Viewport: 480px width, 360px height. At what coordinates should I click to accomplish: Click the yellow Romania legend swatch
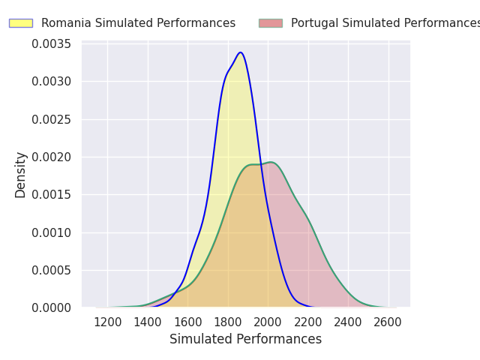[20, 23]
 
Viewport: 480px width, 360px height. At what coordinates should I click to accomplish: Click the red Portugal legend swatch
[270, 23]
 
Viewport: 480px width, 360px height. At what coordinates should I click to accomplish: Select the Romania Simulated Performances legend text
[138, 23]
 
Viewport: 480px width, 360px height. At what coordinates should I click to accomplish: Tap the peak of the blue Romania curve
[240, 52]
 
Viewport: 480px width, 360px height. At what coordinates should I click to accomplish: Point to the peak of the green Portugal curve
[271, 163]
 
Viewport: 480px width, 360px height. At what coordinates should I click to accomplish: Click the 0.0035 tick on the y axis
[51, 43]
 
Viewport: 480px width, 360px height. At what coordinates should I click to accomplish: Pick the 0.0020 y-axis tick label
[51, 157]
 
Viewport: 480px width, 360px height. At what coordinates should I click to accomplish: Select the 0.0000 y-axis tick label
[51, 307]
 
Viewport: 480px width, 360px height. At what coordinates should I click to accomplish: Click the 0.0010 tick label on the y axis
[51, 232]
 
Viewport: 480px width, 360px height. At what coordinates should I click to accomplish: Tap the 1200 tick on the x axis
[108, 322]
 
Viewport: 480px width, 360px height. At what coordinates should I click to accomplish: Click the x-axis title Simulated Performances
[245, 339]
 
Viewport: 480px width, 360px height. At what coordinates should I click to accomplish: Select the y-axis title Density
[21, 175]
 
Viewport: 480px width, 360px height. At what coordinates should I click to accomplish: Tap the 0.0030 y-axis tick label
[51, 81]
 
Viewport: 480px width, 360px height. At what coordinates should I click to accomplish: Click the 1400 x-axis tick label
[148, 322]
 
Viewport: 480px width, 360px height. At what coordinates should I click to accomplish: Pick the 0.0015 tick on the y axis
[51, 194]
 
